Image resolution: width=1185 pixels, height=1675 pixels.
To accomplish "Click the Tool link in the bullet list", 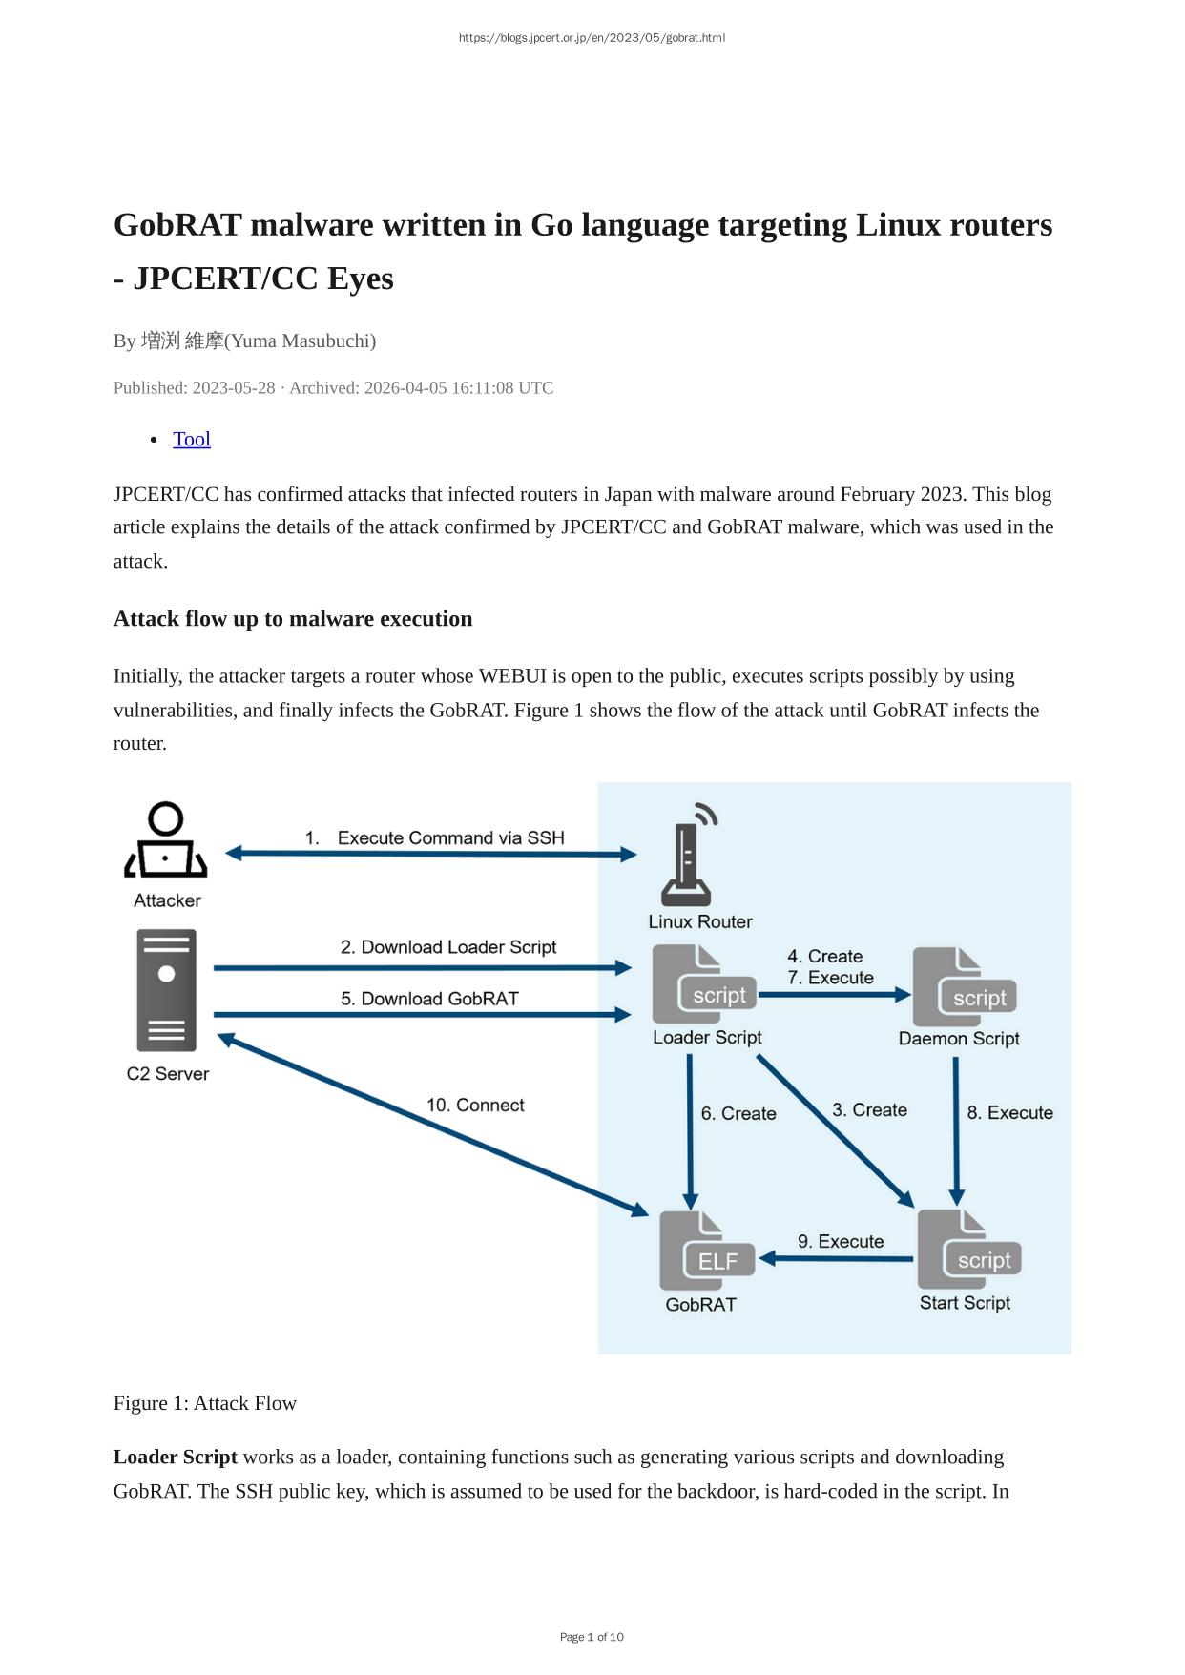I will click(191, 440).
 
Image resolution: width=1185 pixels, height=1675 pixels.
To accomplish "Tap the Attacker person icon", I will click(166, 840).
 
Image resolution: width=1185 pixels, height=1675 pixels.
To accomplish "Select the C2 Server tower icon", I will click(167, 990).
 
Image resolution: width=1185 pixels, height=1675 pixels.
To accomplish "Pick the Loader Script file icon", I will click(703, 985).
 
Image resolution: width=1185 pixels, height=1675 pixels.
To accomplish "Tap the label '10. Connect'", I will click(475, 1106).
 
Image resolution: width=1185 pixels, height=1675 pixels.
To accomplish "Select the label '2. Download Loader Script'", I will click(448, 947).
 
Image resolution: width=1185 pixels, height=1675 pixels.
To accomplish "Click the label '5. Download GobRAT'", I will click(429, 999).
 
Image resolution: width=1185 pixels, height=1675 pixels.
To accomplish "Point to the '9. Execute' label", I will click(841, 1241).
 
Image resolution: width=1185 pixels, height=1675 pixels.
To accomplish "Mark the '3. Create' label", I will click(869, 1110).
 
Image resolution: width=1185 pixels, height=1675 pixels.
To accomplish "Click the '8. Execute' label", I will click(1009, 1113).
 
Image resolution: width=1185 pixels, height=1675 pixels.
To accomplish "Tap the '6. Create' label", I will click(738, 1114).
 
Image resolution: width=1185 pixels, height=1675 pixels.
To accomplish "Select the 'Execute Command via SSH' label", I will click(450, 838).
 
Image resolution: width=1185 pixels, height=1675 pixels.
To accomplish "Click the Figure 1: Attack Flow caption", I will click(205, 1403).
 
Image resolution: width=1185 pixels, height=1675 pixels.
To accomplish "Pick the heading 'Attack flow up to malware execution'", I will click(293, 619).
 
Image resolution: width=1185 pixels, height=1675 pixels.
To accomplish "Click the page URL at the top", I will click(592, 38).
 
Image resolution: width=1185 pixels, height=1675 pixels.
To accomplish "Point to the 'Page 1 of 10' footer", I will click(592, 1637).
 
